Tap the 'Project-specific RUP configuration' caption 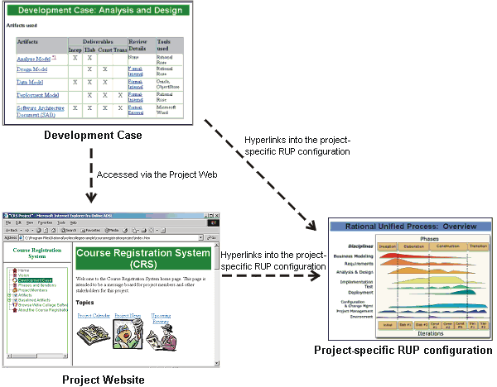pos(403,351)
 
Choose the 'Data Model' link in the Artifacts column pos(30,83)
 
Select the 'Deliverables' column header pos(98,41)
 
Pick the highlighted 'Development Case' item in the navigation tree pos(36,280)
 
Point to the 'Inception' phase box pos(387,246)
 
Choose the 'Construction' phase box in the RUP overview pos(446,246)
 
